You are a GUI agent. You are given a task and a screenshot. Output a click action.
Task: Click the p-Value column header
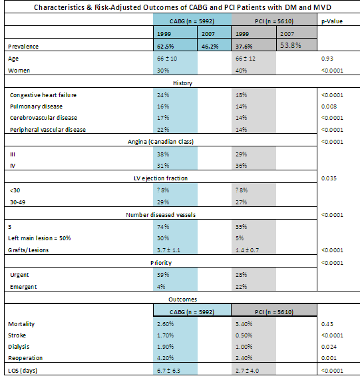(x=332, y=21)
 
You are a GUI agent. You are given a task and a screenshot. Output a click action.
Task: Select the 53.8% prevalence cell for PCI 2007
(x=291, y=45)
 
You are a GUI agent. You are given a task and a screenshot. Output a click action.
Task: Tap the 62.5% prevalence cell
(x=165, y=47)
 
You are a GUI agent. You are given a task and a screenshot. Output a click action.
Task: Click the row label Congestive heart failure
(x=43, y=95)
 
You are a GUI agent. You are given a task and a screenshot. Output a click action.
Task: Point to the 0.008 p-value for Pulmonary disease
(x=329, y=106)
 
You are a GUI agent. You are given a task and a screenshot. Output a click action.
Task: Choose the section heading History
(x=182, y=83)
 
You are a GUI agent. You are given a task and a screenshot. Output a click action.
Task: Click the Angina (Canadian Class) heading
(x=160, y=142)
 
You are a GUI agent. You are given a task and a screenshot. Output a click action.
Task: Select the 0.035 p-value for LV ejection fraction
(x=329, y=178)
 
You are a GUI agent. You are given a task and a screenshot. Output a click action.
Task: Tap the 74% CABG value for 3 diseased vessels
(x=163, y=227)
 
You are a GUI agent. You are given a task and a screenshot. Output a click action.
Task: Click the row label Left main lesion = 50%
(x=39, y=238)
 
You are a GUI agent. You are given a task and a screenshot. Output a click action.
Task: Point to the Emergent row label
(x=23, y=287)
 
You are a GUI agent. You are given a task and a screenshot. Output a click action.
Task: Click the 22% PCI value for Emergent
(x=241, y=287)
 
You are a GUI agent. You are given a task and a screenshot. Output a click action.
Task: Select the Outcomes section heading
(x=182, y=299)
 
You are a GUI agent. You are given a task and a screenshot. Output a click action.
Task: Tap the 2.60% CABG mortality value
(x=165, y=324)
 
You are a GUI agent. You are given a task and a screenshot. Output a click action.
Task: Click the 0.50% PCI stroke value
(x=244, y=335)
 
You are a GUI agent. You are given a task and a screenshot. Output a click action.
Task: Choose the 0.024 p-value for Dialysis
(x=329, y=347)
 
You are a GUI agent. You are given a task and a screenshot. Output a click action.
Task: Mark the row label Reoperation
(x=25, y=358)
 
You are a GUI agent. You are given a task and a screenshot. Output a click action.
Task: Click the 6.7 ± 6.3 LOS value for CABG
(x=168, y=371)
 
